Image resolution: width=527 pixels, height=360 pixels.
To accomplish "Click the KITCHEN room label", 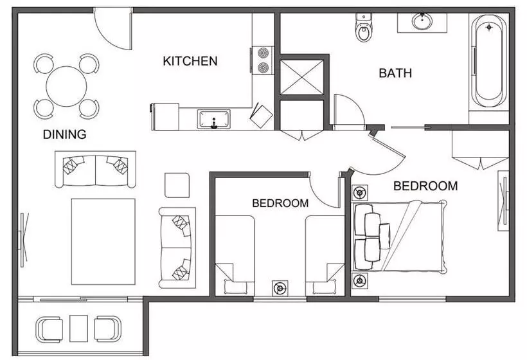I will coord(190,62).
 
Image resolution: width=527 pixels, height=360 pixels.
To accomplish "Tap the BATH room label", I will coord(395,73).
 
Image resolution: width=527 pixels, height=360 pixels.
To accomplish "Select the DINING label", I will coord(64,135).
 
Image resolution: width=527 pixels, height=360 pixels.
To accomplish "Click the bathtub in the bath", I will coord(488,61).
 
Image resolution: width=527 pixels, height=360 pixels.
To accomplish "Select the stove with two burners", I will coord(263,59).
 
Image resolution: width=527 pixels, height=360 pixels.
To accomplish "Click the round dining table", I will coord(66,85).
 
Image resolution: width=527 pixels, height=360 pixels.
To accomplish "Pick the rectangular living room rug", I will coord(103,241).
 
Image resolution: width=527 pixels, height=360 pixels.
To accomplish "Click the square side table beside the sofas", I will coord(177,185).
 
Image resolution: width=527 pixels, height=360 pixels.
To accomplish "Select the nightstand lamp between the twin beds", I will coord(280,288).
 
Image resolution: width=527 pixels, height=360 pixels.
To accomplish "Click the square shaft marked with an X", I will coord(301,76).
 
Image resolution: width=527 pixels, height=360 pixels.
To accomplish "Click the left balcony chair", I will coord(49,328).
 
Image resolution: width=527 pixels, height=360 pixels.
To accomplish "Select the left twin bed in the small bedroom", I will coord(235,254).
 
